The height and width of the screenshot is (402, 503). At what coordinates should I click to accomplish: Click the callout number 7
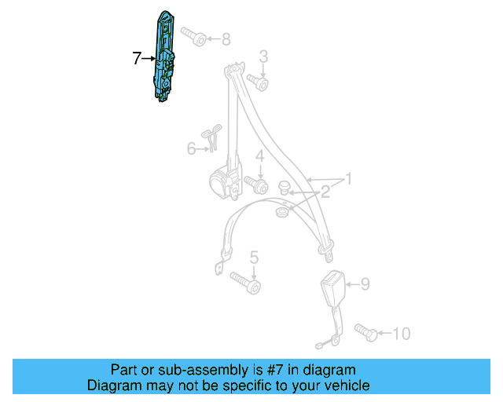pyautogui.click(x=137, y=57)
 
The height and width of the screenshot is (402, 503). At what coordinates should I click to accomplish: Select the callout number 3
pyautogui.click(x=263, y=57)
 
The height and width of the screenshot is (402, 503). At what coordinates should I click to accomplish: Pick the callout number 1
pyautogui.click(x=347, y=180)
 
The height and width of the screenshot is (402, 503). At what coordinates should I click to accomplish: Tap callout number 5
pyautogui.click(x=254, y=257)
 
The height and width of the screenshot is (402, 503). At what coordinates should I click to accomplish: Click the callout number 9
pyautogui.click(x=364, y=284)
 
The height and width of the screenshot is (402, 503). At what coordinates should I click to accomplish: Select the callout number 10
pyautogui.click(x=401, y=334)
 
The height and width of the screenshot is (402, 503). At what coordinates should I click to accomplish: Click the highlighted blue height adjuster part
pyautogui.click(x=165, y=59)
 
